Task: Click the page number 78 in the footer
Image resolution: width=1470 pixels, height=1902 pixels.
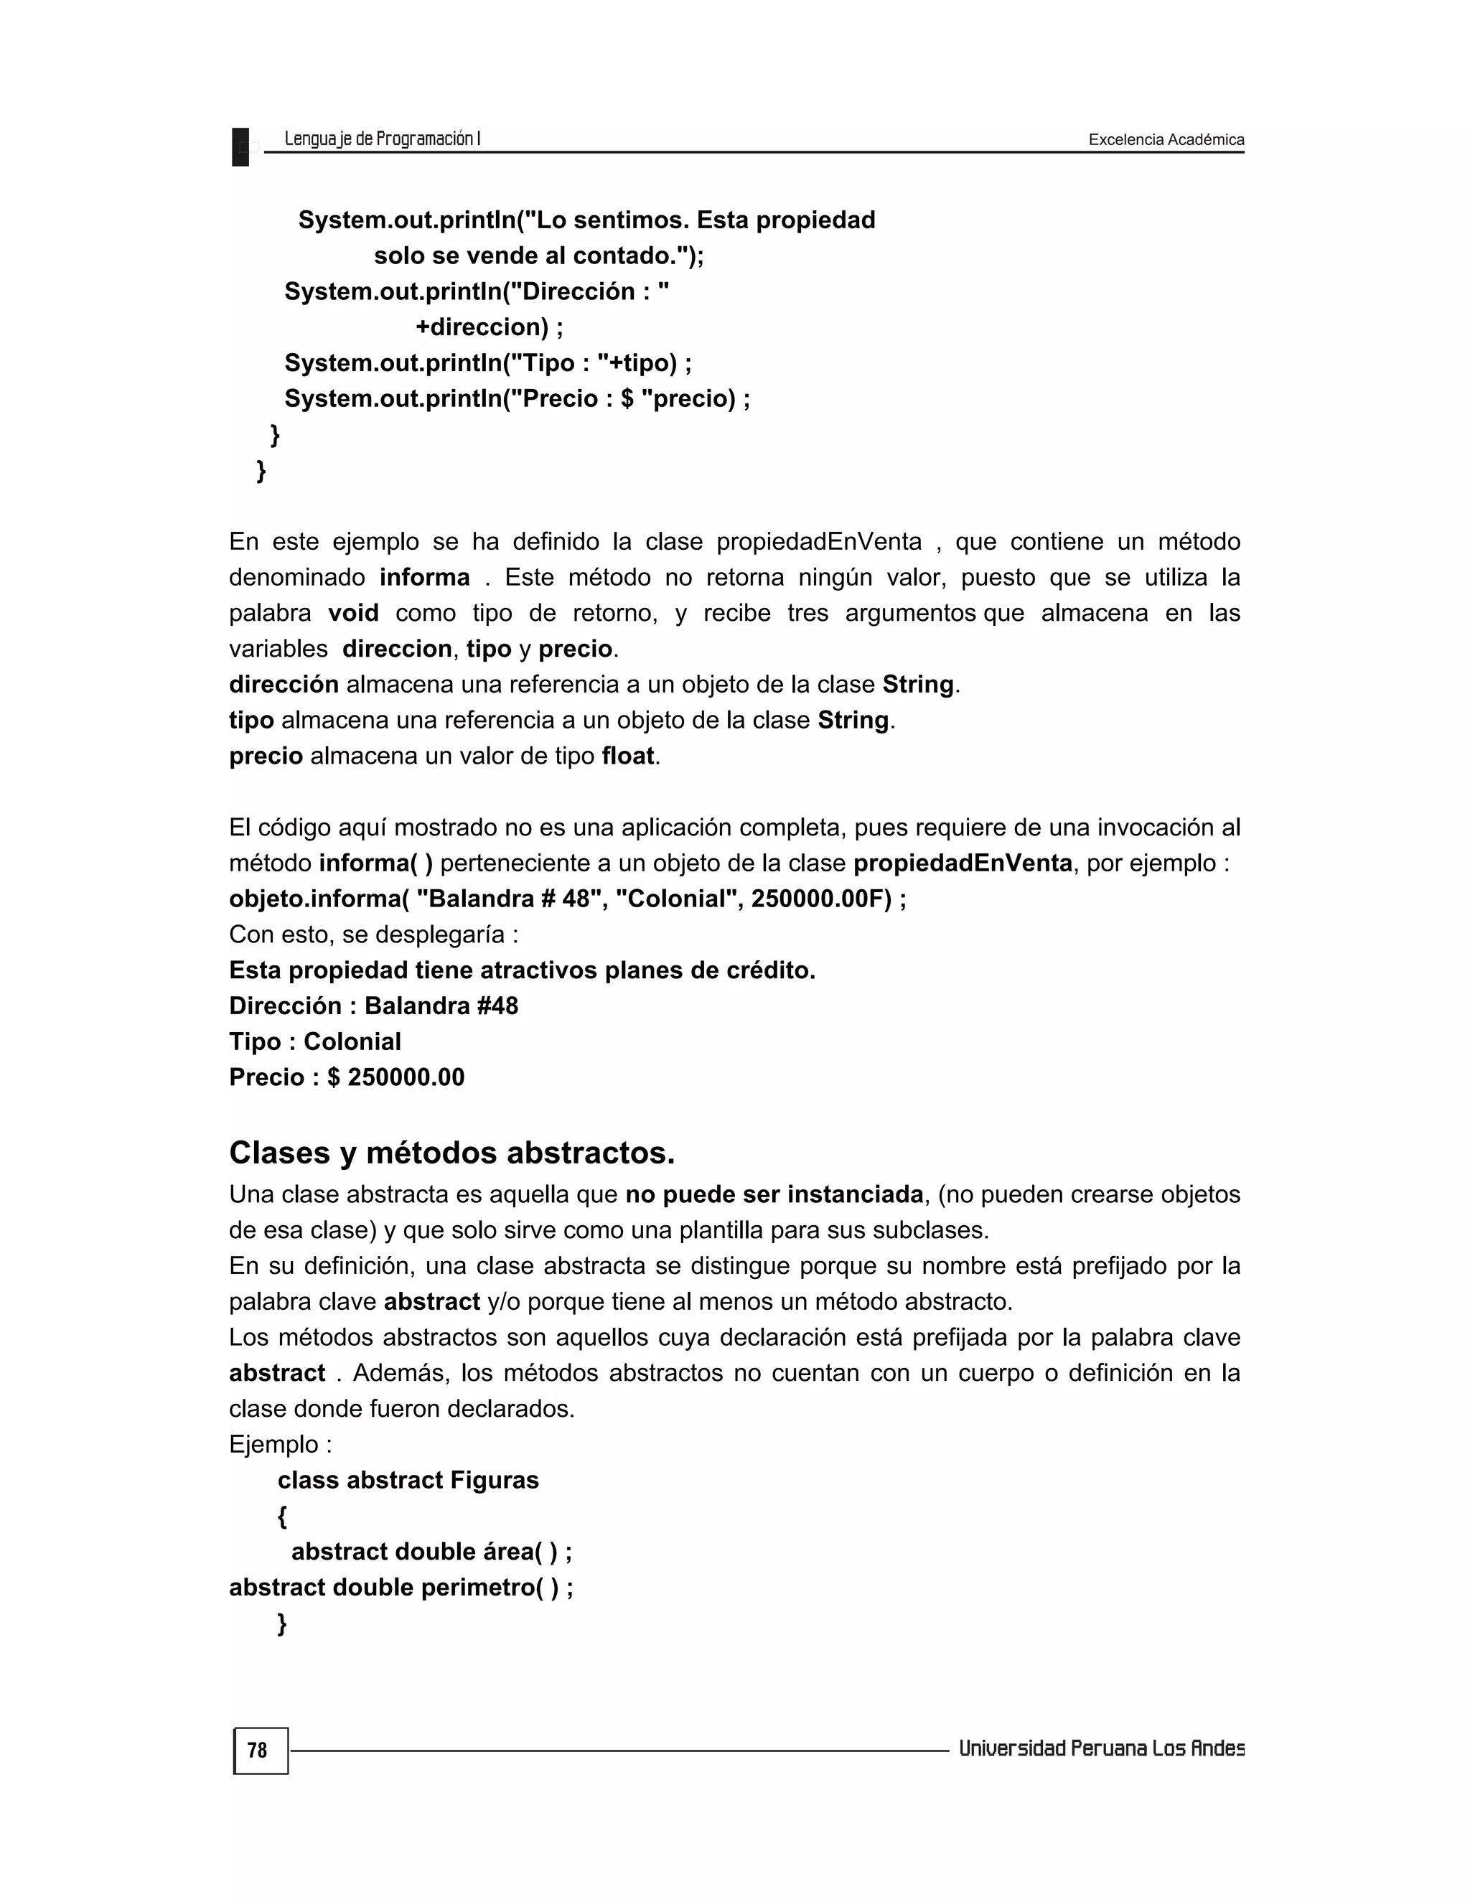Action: (257, 1751)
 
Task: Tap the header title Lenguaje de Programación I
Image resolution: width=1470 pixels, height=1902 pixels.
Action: (383, 139)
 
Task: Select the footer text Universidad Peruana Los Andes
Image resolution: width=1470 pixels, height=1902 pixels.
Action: (1101, 1748)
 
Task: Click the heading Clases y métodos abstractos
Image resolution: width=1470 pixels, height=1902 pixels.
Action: (452, 1153)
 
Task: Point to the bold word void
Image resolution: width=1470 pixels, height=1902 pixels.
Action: (354, 613)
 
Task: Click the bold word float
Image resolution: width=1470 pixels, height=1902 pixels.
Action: (628, 756)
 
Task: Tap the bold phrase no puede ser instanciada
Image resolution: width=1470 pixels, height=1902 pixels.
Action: (774, 1194)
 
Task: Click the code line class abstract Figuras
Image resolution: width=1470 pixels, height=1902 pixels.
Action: (408, 1480)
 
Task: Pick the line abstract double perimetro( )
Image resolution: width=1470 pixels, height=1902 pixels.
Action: (401, 1587)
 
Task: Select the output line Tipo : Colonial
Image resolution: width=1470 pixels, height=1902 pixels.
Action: (314, 1041)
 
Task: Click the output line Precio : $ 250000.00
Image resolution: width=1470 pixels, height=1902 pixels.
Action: (347, 1077)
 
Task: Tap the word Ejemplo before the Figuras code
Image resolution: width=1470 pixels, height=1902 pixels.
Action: (273, 1444)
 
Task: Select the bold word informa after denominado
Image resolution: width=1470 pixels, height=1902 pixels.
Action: (424, 577)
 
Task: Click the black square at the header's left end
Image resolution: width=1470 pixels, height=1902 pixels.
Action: (240, 146)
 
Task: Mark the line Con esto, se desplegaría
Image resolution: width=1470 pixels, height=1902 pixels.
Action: (373, 934)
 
